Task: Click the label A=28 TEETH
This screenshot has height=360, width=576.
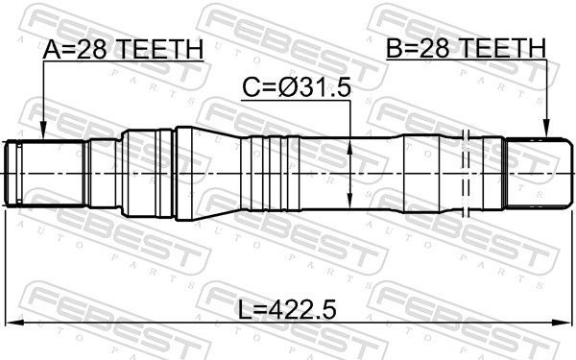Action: [x=123, y=49]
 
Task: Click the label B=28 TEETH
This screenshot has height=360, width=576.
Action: [x=466, y=48]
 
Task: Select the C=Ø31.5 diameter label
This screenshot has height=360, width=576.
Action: [x=297, y=88]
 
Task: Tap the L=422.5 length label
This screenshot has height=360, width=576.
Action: [x=288, y=310]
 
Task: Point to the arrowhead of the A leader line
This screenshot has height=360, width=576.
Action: [x=43, y=132]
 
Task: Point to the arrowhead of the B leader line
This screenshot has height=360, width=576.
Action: [x=546, y=129]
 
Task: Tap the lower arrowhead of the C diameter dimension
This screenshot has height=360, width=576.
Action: [x=349, y=201]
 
